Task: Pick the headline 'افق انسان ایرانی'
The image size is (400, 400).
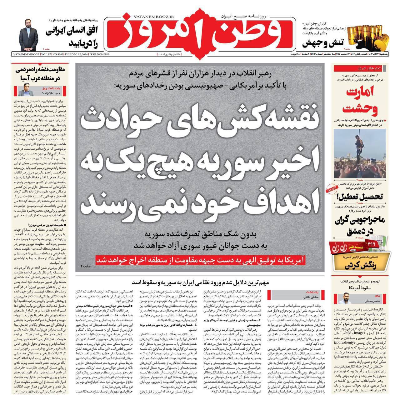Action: click(x=72, y=32)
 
